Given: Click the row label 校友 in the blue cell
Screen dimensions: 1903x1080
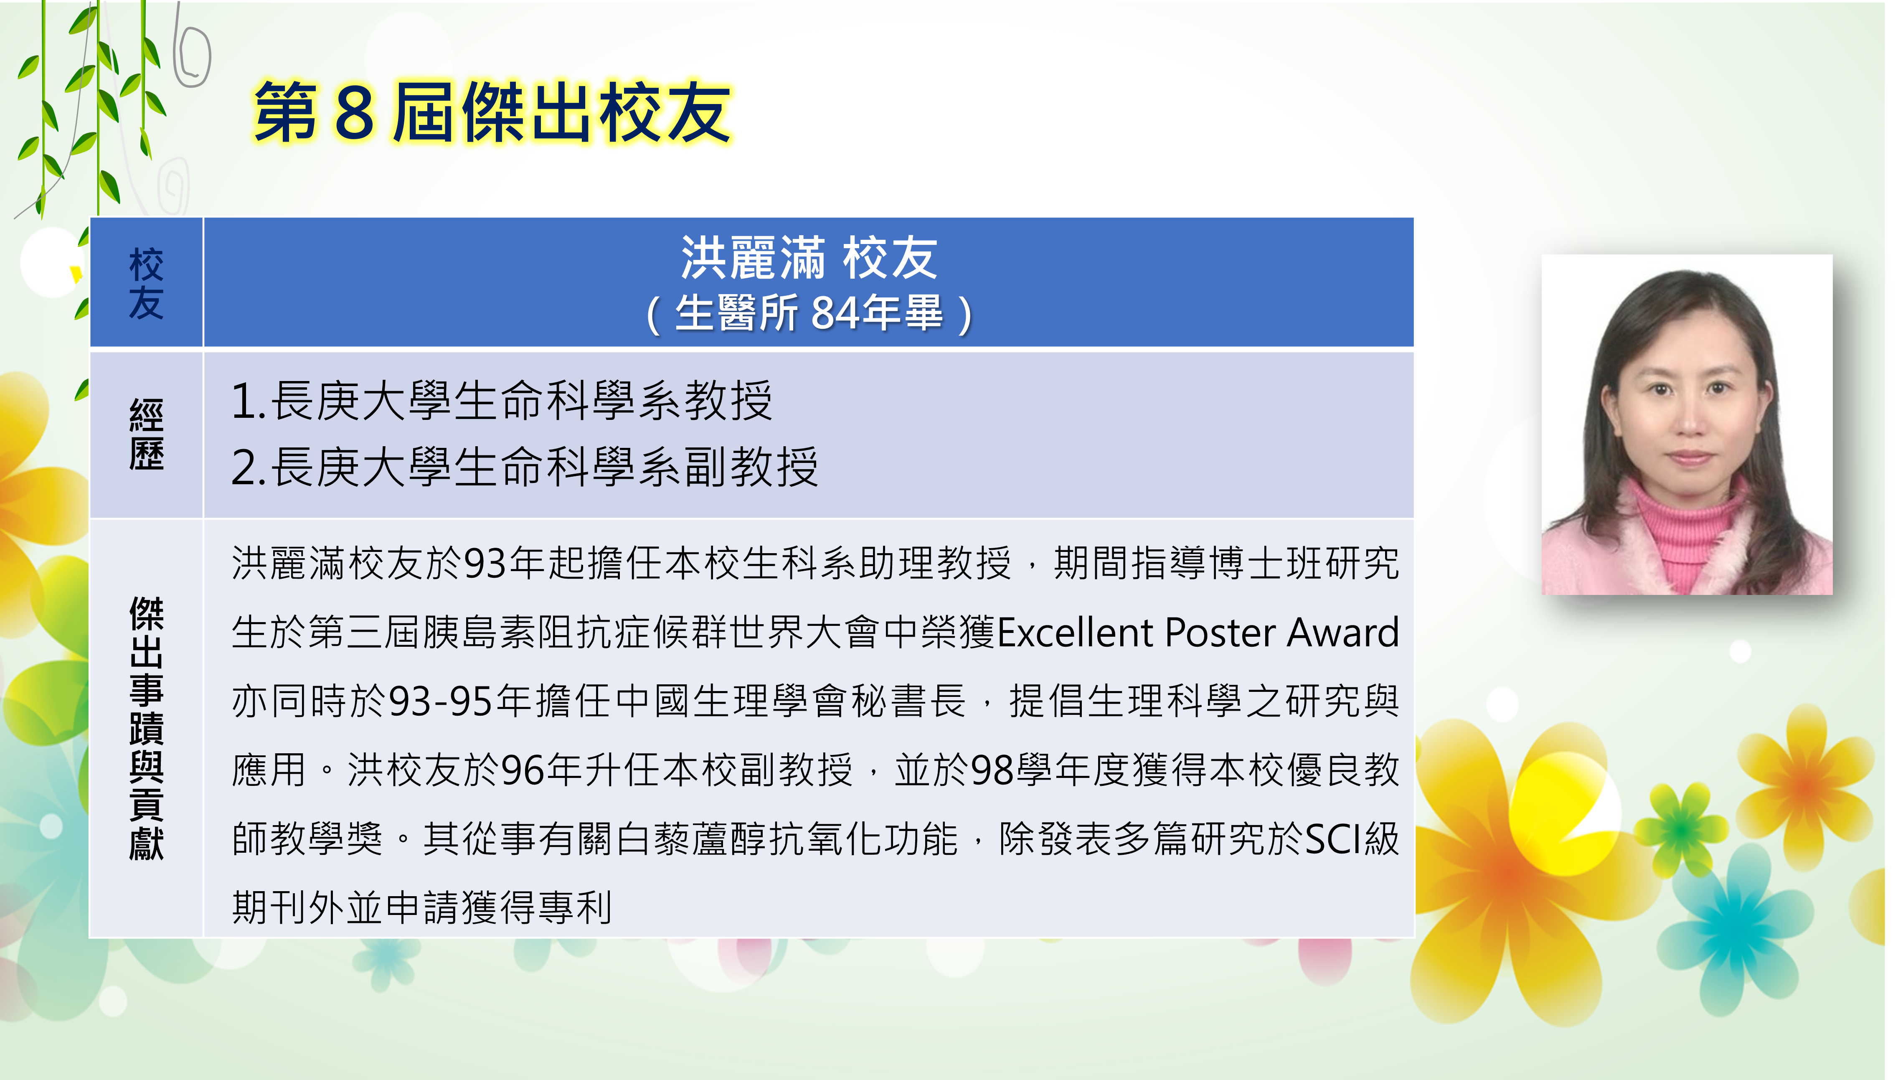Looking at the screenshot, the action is tap(146, 283).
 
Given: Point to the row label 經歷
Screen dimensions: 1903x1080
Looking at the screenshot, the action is tap(146, 435).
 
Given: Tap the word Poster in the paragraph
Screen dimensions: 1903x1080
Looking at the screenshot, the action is tap(1220, 633).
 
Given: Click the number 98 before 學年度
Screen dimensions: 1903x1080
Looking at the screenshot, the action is tap(993, 770).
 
